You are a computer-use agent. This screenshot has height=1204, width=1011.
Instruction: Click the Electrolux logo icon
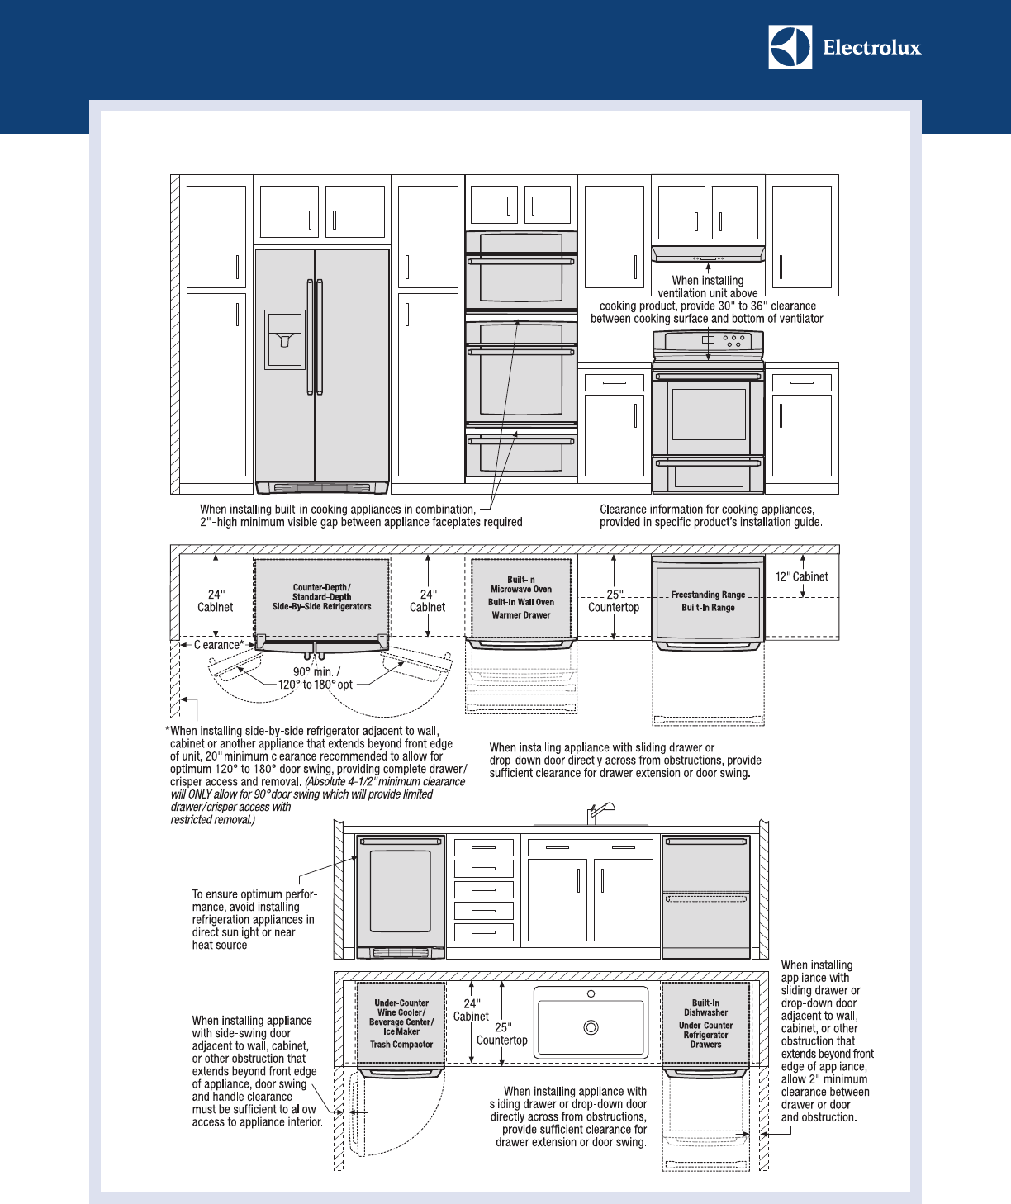790,46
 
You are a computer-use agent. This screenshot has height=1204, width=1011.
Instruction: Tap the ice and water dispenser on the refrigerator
284,339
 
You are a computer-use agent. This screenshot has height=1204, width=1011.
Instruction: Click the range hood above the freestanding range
708,254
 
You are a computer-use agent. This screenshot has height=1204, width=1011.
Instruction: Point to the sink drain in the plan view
591,1027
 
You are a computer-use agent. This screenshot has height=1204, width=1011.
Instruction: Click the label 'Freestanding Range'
708,595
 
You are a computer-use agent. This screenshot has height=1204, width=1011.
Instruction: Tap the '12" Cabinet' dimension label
801,577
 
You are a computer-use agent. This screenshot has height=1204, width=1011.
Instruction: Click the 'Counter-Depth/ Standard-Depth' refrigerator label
321,592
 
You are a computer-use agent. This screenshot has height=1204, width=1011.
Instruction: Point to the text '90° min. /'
316,671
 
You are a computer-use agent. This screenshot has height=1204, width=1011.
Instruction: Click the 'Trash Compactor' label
401,1045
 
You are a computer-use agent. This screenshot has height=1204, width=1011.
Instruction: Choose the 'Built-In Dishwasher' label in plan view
705,1007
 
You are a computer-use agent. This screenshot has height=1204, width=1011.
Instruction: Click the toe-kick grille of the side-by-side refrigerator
321,487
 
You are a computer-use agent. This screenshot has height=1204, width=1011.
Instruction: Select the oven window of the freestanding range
709,414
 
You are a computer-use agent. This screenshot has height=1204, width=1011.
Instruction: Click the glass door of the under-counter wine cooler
401,895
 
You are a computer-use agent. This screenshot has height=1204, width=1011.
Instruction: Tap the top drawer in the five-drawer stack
484,847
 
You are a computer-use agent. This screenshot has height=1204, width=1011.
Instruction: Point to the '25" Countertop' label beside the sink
501,1034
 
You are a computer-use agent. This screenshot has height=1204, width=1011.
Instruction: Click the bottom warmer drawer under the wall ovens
521,452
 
